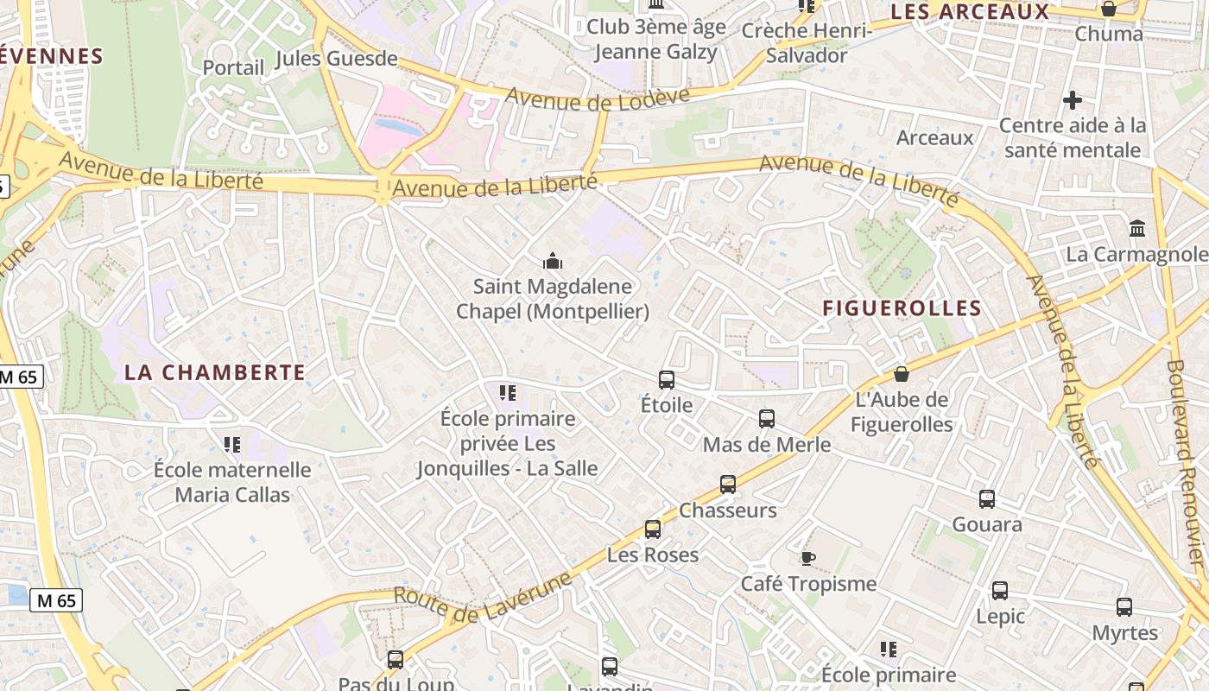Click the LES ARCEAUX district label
coord(969,12)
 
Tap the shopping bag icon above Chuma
coord(1108,9)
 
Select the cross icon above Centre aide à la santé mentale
coord(1073,100)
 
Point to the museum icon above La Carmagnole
coord(1137,229)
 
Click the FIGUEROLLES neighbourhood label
coord(902,308)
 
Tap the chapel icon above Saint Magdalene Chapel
coord(553,260)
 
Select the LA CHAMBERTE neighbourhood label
coord(215,372)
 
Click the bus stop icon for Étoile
coord(667,379)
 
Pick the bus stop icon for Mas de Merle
coord(767,419)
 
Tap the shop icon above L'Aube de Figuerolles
coord(902,374)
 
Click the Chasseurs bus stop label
coord(728,510)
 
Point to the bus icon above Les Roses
coord(653,529)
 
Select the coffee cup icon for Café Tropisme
coord(807,558)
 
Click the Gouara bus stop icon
coord(987,498)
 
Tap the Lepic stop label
coord(1000,617)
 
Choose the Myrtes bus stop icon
coord(1124,607)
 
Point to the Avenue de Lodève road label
coord(598,98)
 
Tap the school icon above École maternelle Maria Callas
coord(231,444)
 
